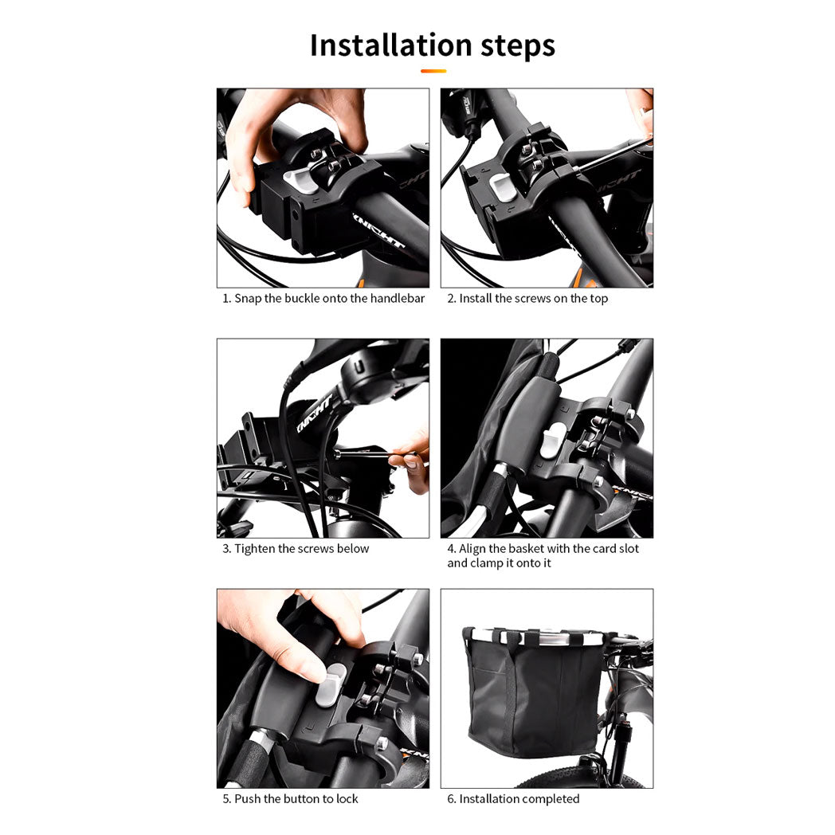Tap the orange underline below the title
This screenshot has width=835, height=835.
point(433,71)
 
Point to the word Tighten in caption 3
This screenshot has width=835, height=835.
point(254,549)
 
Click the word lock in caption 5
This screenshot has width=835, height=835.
point(347,799)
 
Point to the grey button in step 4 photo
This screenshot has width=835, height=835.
point(553,441)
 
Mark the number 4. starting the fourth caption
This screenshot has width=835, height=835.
point(452,548)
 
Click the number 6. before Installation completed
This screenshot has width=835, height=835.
point(452,799)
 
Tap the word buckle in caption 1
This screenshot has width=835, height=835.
point(301,298)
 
